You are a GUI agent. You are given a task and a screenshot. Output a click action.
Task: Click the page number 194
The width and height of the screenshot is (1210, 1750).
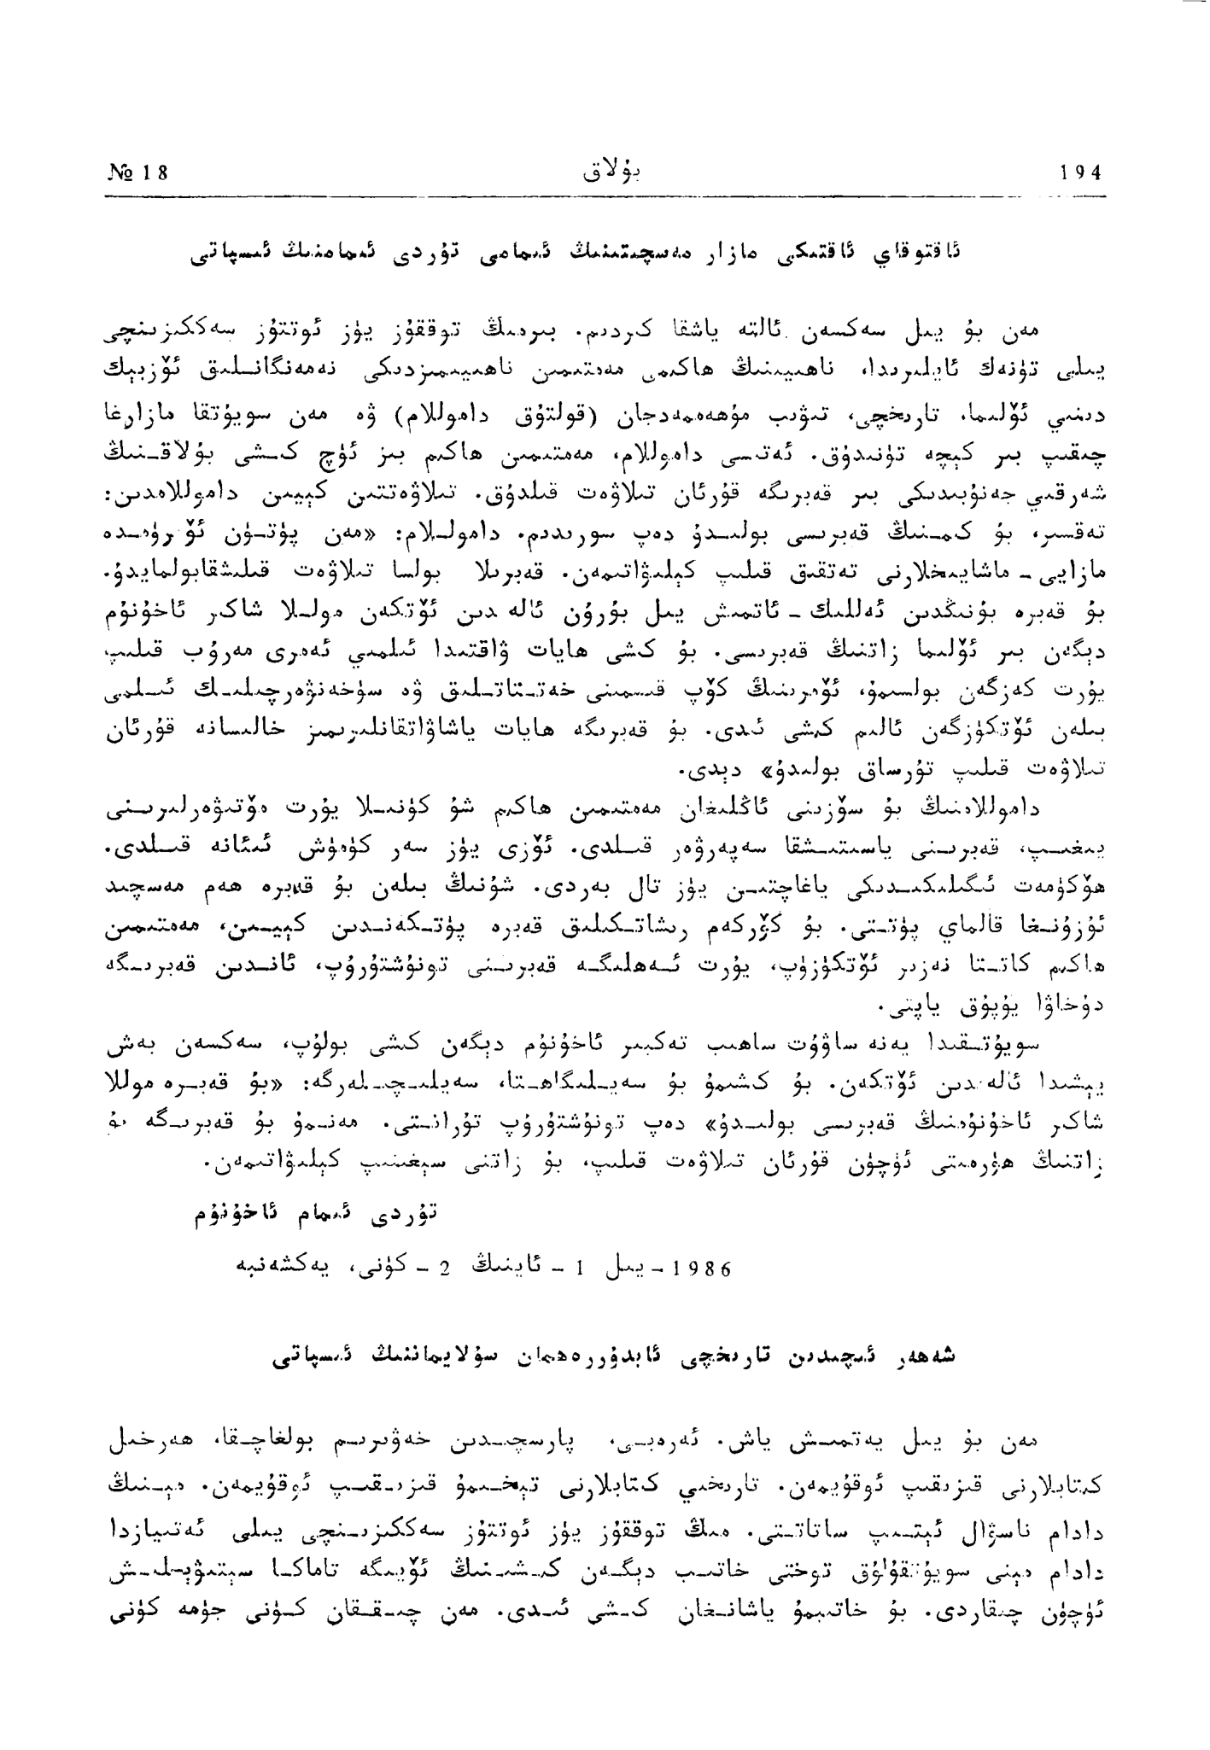1079,173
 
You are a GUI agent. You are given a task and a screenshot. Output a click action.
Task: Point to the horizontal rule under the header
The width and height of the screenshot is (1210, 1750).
605,197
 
